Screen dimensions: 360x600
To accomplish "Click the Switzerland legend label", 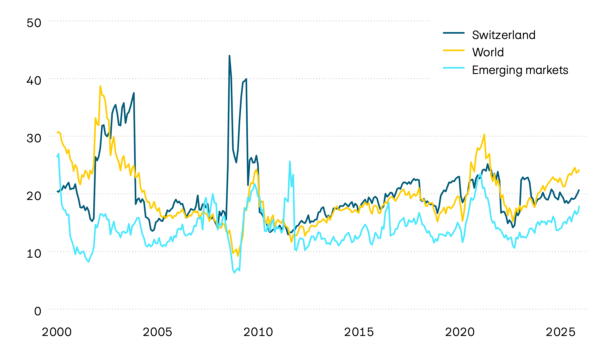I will pos(504,35).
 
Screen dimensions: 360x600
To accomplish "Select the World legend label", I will pos(488,52).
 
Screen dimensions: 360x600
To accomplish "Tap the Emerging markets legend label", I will pos(520,70).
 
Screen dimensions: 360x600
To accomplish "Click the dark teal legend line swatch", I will pos(454,33).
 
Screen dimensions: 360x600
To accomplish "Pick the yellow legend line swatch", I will pos(454,50).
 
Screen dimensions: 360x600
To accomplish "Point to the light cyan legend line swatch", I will pos(454,68).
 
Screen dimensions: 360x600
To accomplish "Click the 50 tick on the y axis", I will pos(34,23).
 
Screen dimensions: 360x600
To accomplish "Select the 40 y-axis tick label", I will pos(34,81).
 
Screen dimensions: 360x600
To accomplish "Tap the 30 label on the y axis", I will pos(34,138).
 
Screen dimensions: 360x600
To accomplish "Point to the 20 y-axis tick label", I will pos(34,196).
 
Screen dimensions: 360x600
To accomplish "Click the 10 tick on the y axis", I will pos(34,254).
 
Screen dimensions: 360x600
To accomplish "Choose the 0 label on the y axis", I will pos(38,311).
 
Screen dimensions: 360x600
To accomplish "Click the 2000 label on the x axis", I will pos(57,332).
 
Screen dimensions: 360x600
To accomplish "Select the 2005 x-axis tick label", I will pos(157,332).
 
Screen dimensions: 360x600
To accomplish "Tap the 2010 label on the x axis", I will pos(258,332).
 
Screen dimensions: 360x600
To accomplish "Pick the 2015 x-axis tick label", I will pos(359,332).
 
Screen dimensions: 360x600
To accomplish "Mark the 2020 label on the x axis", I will pos(460,332).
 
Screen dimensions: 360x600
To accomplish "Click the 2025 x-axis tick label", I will pos(561,332).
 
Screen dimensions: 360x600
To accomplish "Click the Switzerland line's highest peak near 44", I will pos(229,56).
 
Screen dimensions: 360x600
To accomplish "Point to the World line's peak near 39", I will pos(100,86).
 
